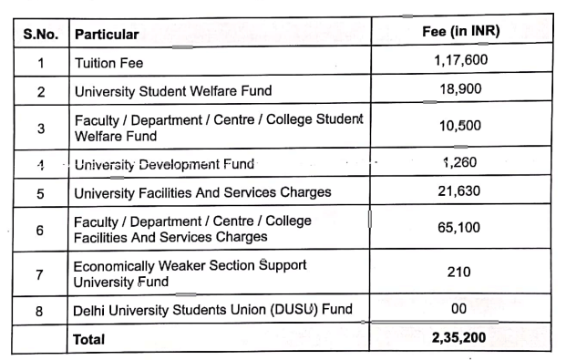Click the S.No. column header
point(40,35)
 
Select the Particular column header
point(107,35)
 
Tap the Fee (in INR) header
point(460,32)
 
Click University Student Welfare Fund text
point(173,91)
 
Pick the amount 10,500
point(460,126)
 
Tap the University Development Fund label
point(164,165)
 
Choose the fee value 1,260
point(460,163)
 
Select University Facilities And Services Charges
point(202,193)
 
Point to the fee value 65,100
point(460,228)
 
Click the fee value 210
point(460,272)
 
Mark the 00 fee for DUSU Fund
point(460,309)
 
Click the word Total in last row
point(89,339)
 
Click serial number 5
point(40,193)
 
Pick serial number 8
point(40,310)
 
